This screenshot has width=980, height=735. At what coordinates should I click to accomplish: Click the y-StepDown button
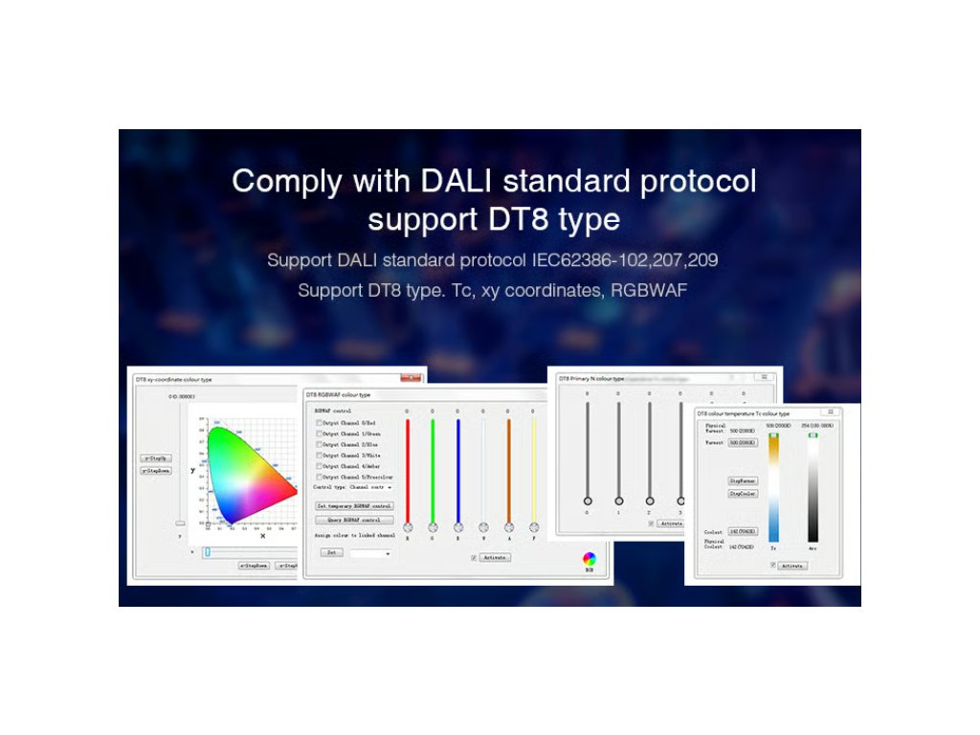point(156,471)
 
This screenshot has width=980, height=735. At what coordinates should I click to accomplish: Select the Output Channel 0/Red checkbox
point(320,422)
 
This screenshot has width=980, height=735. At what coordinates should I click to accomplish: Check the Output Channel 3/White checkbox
point(320,455)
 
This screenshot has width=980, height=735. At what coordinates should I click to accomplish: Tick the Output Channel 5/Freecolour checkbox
point(320,477)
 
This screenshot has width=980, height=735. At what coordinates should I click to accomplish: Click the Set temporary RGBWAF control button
point(353,505)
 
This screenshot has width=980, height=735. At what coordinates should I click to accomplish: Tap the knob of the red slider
point(408,527)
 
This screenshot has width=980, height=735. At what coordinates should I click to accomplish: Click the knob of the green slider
point(433,527)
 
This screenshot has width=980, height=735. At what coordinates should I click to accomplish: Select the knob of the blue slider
point(458,527)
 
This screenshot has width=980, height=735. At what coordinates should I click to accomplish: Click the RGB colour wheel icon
point(590,558)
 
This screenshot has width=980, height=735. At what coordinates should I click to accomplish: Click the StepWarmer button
point(743,480)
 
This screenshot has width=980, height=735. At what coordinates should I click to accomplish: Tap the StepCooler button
point(743,494)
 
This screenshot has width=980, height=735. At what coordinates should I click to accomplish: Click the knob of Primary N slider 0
point(588,501)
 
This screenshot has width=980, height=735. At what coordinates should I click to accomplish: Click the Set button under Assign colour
point(330,553)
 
